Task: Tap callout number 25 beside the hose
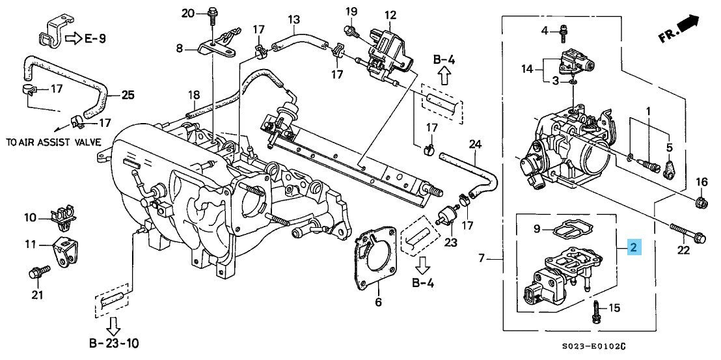coord(128,96)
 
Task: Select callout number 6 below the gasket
coord(378,302)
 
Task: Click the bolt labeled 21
coord(36,272)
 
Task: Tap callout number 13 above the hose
coord(293,20)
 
